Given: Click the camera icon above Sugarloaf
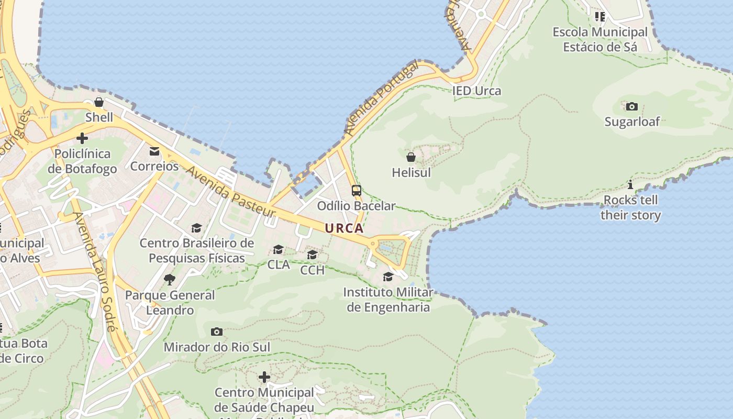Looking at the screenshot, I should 632,107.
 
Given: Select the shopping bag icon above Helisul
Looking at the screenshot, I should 411,157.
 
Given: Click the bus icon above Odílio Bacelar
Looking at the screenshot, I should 357,191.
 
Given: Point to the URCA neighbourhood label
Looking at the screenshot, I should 344,228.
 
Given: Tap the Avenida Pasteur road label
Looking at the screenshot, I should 230,192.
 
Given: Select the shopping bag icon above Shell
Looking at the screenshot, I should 98,102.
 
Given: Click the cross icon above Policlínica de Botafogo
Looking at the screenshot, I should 82,139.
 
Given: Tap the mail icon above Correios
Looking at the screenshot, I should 154,151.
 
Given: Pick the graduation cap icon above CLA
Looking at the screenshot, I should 278,249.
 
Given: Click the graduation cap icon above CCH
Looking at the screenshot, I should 313,255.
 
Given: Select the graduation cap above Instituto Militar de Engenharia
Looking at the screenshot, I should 388,277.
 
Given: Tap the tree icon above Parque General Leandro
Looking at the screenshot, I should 169,280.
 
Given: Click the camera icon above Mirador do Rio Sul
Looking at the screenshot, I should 217,332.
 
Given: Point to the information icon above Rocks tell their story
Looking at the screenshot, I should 630,185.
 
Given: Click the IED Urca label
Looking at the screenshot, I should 476,91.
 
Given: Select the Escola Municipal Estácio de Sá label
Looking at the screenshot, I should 600,39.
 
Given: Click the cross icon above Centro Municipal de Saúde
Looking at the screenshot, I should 264,377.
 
